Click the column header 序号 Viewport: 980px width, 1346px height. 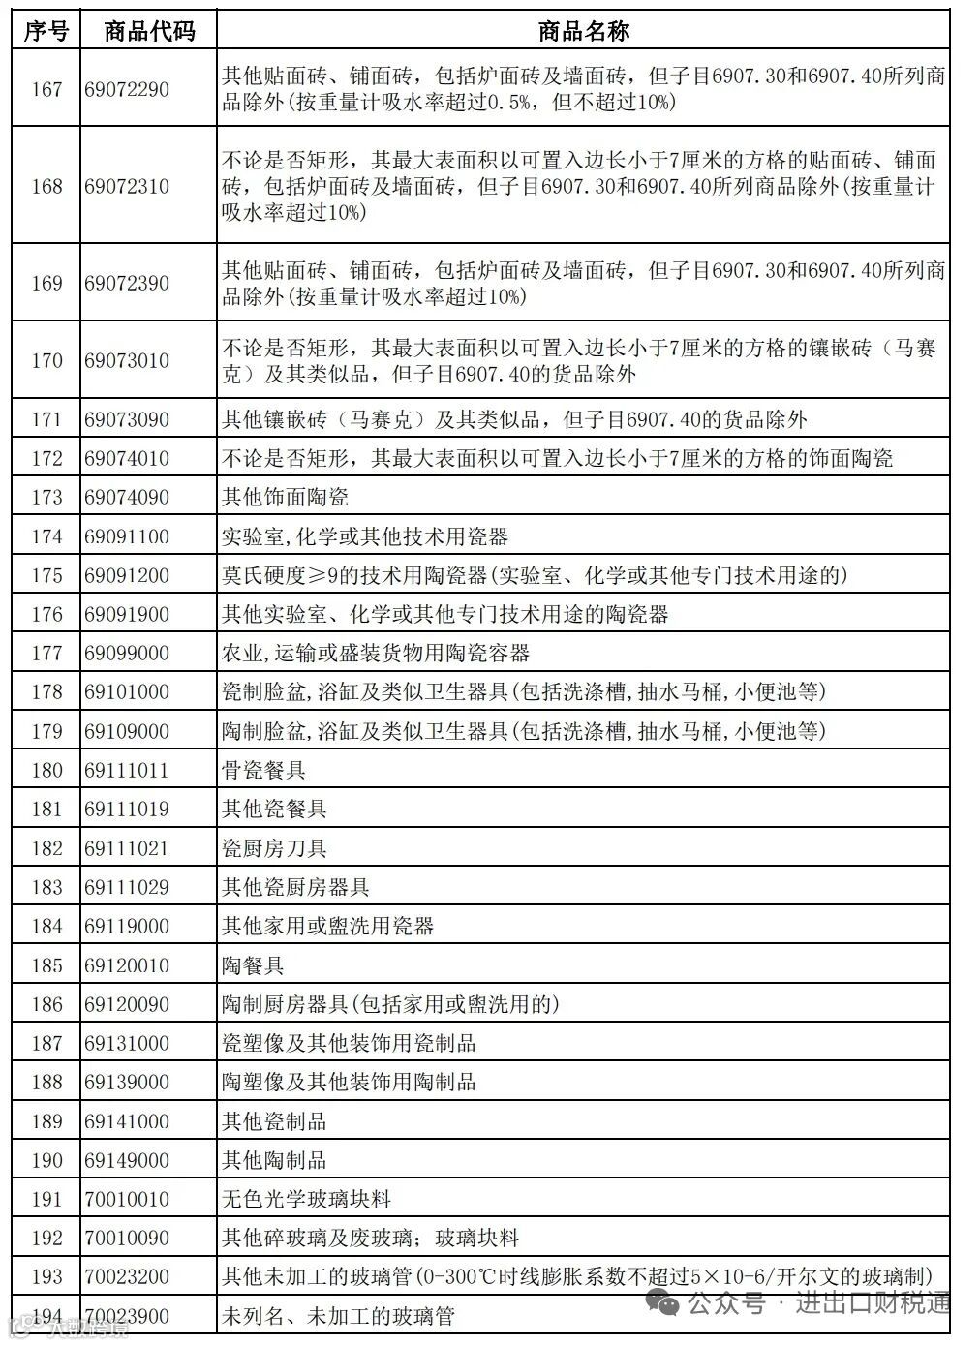point(46,31)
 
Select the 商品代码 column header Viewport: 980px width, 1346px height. point(149,31)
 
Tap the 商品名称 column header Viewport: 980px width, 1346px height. point(583,31)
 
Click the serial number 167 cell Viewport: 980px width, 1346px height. point(46,89)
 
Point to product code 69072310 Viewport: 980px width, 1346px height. point(127,186)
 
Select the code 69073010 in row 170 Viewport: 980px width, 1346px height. point(127,360)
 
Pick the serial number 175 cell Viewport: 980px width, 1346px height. point(46,575)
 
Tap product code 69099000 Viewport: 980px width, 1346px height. point(127,654)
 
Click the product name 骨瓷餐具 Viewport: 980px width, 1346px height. point(264,771)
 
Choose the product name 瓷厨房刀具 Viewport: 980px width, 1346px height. point(275,848)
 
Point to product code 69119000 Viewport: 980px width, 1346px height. point(127,927)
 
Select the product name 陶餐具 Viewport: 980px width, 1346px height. point(254,965)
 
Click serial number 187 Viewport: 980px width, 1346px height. point(46,1044)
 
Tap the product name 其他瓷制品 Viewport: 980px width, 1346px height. point(275,1121)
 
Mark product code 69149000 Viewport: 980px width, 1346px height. point(127,1160)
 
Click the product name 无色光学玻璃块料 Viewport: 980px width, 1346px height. point(307,1199)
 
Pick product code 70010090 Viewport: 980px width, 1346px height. point(127,1239)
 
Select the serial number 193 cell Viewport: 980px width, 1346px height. point(46,1277)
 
